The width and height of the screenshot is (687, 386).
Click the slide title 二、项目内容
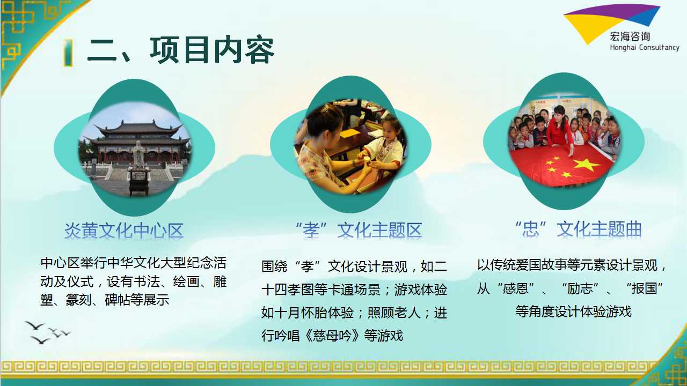(181, 50)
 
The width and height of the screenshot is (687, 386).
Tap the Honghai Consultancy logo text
(645, 48)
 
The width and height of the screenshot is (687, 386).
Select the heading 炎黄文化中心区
(124, 231)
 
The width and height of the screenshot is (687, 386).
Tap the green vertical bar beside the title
(68, 53)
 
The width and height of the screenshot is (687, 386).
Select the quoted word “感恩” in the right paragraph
(516, 288)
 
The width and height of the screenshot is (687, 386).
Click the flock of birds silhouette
(48, 332)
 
